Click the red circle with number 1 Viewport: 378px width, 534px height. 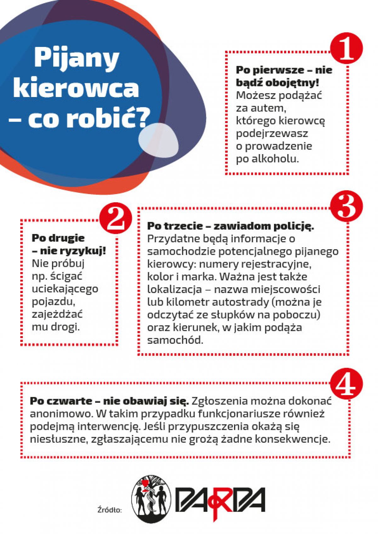coord(346,49)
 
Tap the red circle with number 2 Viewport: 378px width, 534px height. coord(116,218)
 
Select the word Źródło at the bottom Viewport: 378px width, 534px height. coord(110,509)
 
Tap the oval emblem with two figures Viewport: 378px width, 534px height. coord(152,499)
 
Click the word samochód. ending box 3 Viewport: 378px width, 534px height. coord(175,340)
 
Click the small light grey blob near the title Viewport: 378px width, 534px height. coord(158,140)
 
